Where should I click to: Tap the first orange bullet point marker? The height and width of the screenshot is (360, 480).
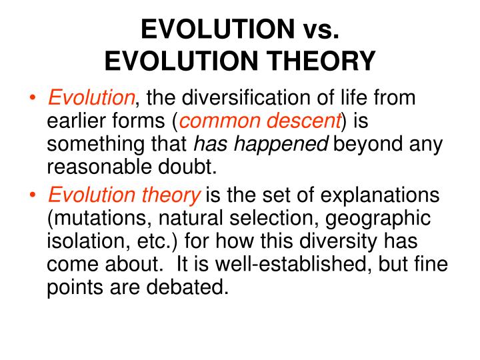click(33, 97)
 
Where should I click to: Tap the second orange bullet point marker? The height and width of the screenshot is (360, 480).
click(33, 195)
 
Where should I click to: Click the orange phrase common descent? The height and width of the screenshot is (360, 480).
click(261, 121)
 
